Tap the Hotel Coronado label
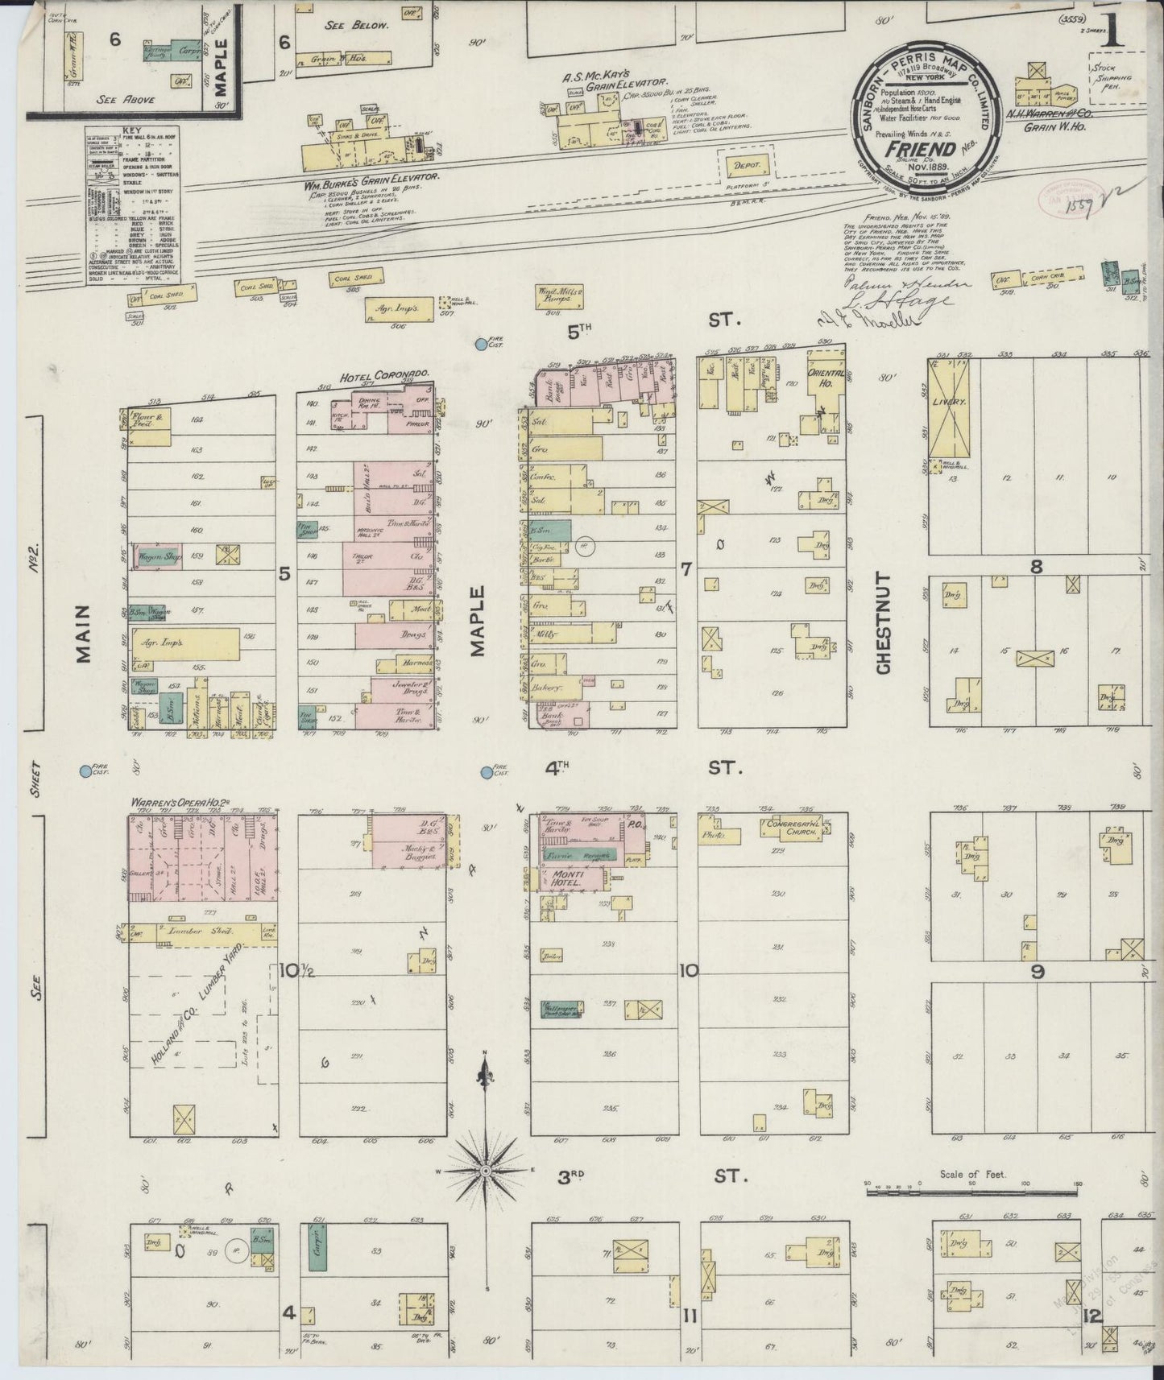(382, 375)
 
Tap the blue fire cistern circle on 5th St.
(480, 345)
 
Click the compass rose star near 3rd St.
(486, 1169)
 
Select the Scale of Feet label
(975, 1174)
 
